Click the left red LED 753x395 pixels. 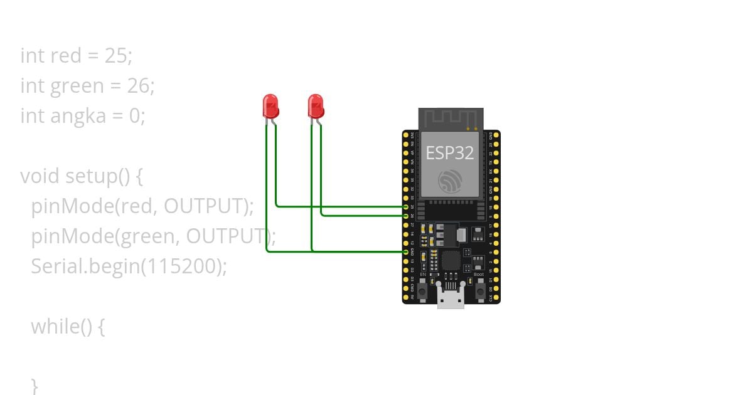(x=270, y=105)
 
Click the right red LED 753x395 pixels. (x=315, y=105)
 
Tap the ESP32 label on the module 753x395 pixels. (x=449, y=153)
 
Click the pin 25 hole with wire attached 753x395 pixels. (x=406, y=206)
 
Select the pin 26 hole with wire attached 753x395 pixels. (x=406, y=215)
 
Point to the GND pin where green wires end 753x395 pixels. (x=406, y=251)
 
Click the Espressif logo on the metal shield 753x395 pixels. (x=451, y=181)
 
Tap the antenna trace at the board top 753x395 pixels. (x=451, y=118)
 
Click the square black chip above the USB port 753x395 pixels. (x=451, y=261)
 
